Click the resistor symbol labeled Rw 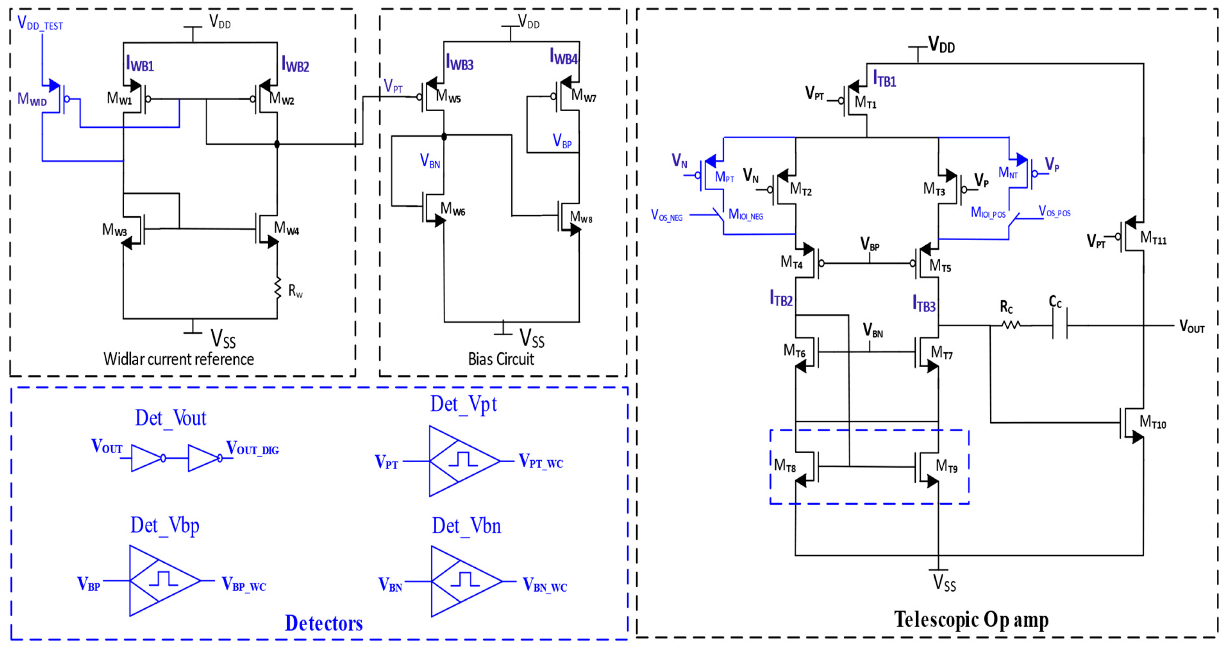pos(277,289)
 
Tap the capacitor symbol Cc pos(1059,324)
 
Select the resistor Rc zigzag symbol pos(1011,325)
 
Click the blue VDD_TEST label pos(40,23)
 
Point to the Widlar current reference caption pos(178,359)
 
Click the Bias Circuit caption pos(500,359)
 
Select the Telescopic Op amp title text pos(971,619)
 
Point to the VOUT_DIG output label pos(252,448)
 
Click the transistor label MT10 pos(1152,422)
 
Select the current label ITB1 pos(884,79)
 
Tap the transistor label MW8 pos(581,218)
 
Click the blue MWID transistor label pos(32,99)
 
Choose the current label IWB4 pos(564,57)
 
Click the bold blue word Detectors pos(323,623)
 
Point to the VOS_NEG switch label pos(666,215)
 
